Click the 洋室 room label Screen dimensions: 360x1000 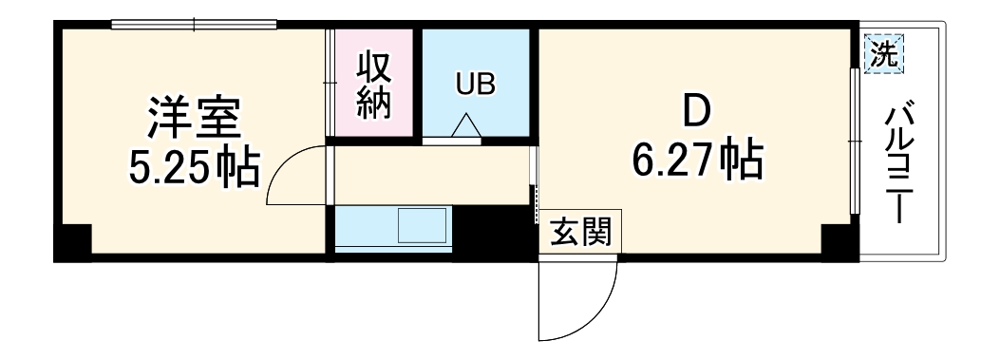195,119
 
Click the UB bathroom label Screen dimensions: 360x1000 475,85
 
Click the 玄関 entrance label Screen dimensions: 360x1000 581,232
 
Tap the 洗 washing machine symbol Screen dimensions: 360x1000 883,54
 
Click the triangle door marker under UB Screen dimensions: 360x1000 466,126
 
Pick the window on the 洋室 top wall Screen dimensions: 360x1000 194,25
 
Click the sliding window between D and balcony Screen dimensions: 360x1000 855,142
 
